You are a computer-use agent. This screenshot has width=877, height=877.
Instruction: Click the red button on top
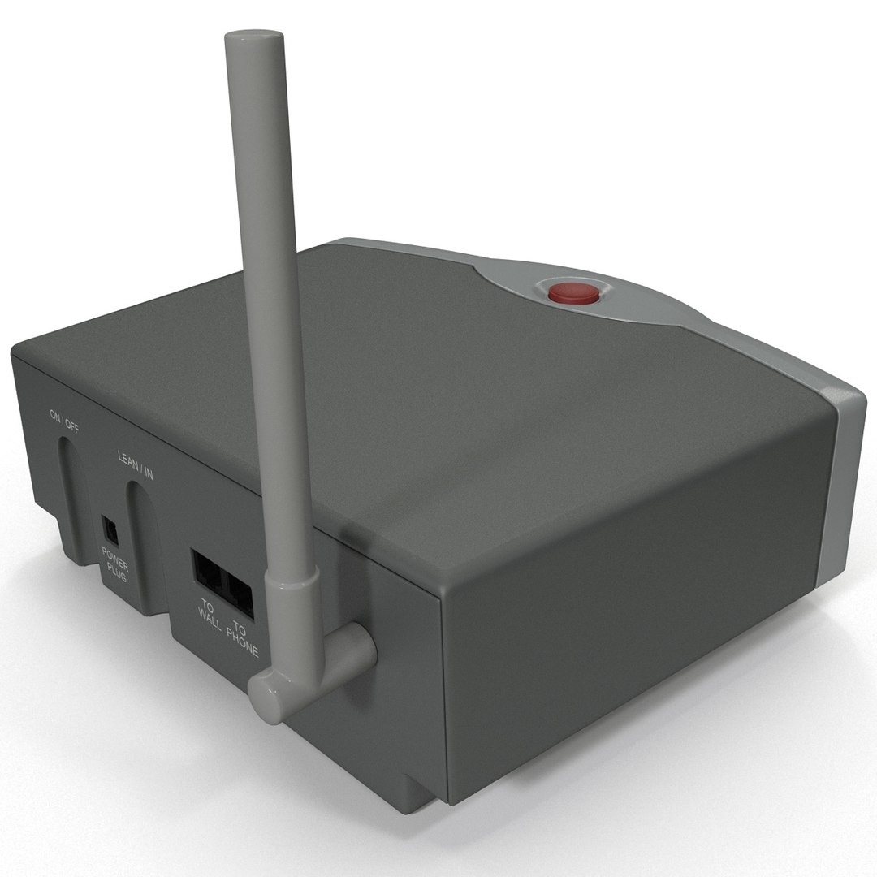click(573, 292)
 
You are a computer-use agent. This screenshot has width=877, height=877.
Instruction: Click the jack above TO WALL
click(206, 572)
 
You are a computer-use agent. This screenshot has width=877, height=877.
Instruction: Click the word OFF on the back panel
click(72, 422)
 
